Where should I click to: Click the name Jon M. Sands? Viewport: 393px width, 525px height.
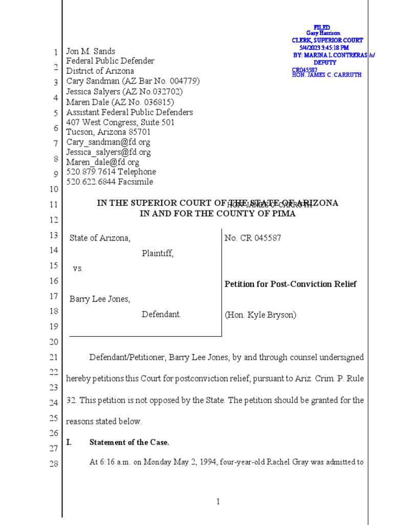91,51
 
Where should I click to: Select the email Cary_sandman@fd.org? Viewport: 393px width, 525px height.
108,142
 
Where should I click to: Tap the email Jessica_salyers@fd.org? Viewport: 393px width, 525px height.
108,152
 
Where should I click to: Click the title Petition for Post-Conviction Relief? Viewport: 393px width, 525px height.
291,284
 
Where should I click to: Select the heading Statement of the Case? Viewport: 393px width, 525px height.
129,442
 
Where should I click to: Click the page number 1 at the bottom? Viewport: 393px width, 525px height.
217,502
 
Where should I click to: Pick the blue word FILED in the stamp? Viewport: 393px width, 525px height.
322,27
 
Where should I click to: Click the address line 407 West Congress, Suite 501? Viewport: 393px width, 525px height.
120,123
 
